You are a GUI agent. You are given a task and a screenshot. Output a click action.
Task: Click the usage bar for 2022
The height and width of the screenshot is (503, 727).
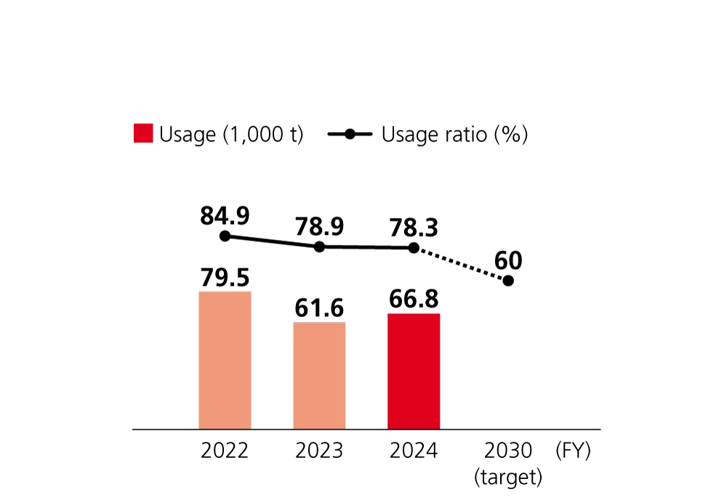[225, 360]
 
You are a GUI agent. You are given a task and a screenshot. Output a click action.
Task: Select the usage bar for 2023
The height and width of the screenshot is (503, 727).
[319, 375]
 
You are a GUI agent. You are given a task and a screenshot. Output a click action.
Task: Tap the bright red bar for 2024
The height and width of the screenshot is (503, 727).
[414, 371]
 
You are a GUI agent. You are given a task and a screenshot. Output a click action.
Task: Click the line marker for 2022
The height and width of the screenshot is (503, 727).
[225, 236]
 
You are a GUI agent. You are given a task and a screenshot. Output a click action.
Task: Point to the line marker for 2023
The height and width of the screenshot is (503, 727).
[319, 247]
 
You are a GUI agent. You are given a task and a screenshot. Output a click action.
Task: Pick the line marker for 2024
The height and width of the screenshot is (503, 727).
[414, 248]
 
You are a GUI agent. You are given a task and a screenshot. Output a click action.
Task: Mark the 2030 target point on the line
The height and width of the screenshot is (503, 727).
[508, 281]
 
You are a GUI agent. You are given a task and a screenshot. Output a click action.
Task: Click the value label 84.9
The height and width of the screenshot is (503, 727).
[225, 216]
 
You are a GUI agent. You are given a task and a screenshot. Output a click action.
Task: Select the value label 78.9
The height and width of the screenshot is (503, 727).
[319, 228]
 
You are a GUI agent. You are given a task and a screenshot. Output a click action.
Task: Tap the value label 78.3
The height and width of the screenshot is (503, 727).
[414, 228]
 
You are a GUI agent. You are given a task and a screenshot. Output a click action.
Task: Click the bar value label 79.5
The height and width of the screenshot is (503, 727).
[225, 277]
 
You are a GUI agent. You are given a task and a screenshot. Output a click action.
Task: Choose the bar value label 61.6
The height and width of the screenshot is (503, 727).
[319, 308]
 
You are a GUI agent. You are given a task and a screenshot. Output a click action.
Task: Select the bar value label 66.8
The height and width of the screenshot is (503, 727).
[414, 299]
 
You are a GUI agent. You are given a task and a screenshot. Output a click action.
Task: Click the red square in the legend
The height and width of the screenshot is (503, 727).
[143, 134]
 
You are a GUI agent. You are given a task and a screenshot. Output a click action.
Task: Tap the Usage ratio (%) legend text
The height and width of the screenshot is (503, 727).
[454, 134]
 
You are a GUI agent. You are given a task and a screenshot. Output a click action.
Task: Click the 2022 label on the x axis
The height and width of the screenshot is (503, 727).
[225, 451]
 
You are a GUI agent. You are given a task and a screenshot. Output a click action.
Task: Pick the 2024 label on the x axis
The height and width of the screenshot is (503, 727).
[414, 451]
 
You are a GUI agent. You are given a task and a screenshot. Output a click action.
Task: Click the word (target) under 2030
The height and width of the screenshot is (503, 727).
[508, 478]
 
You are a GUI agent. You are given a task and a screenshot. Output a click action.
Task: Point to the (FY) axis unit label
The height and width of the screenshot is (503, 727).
[573, 451]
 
